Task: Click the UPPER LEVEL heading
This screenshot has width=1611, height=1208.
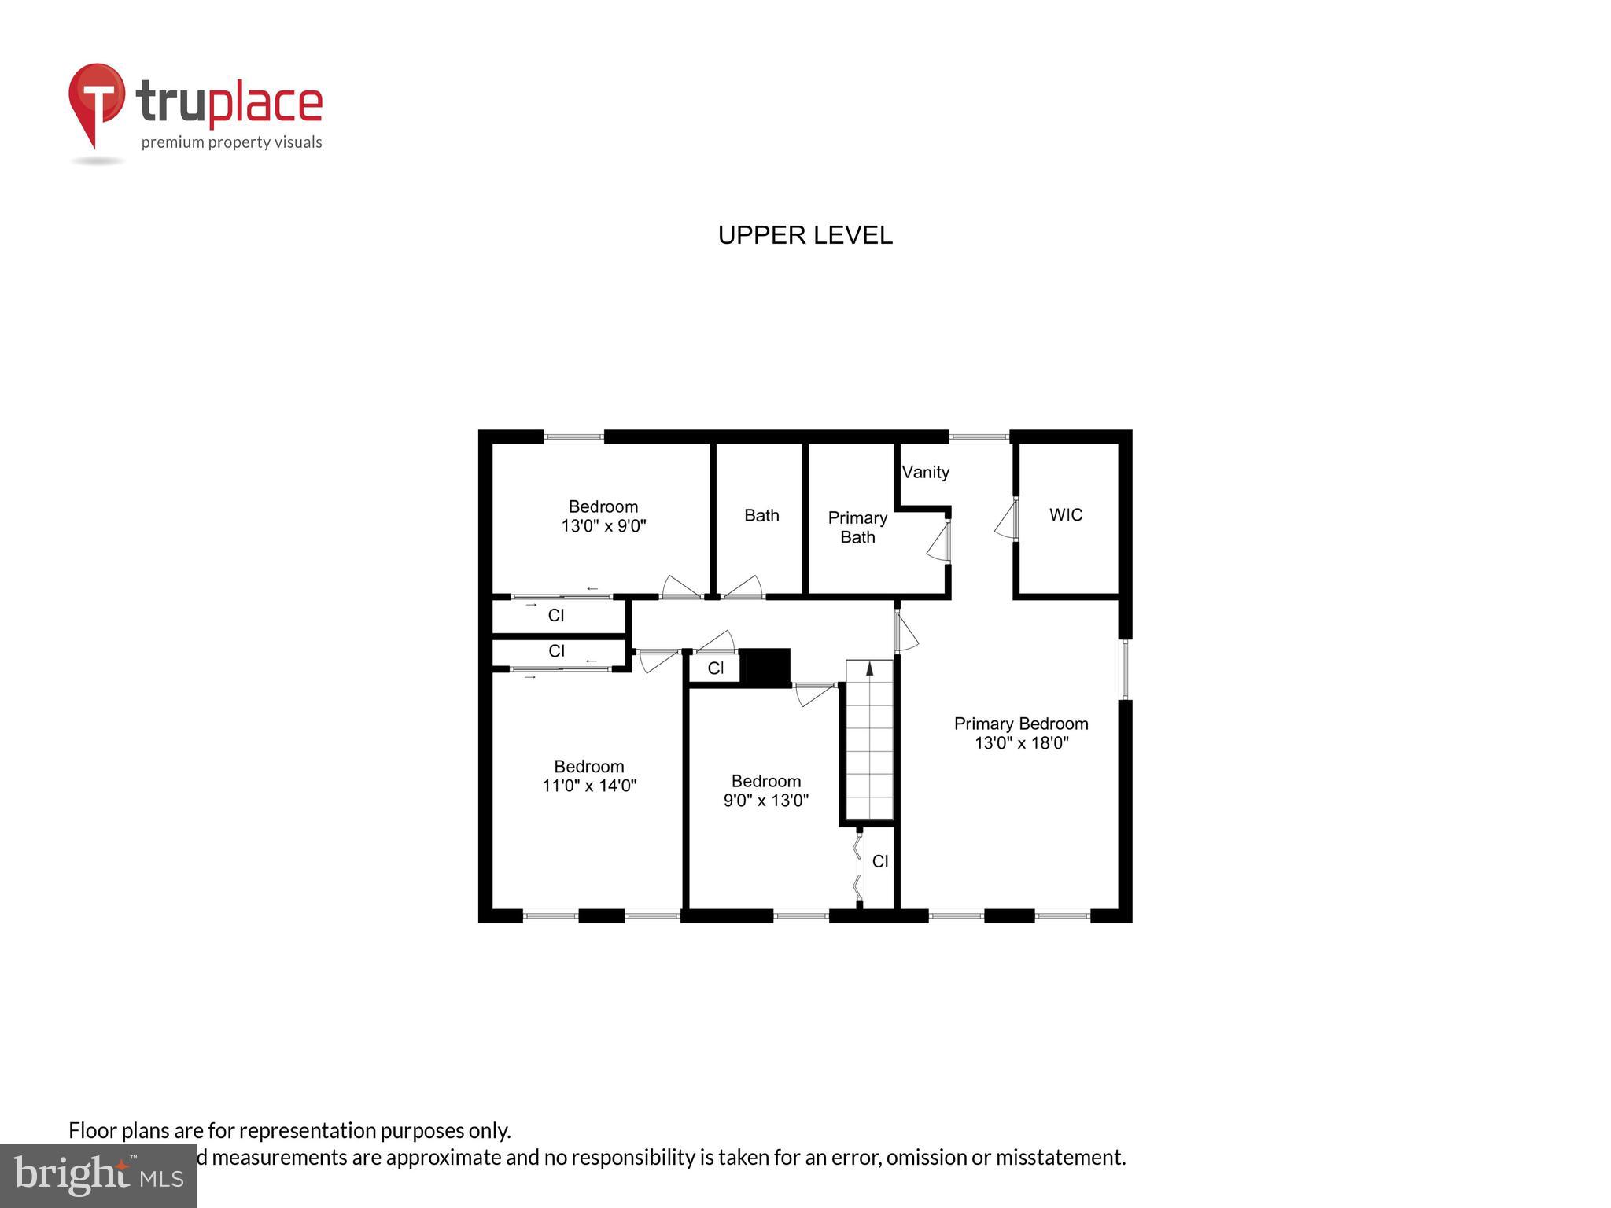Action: click(805, 235)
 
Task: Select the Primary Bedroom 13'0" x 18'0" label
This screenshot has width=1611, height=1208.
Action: click(1021, 733)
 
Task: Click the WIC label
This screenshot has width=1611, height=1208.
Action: click(1066, 514)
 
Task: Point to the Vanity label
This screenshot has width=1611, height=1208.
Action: click(925, 472)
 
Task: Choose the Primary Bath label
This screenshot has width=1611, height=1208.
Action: click(857, 527)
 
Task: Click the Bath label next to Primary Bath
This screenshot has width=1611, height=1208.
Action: click(761, 515)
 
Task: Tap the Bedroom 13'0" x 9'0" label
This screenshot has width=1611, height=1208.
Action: click(603, 516)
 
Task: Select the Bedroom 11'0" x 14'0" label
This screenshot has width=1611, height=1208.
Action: click(589, 775)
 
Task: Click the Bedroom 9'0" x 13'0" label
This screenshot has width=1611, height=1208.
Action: click(766, 790)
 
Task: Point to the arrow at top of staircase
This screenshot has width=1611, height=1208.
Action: click(870, 668)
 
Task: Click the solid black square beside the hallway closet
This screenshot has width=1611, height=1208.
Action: click(765, 668)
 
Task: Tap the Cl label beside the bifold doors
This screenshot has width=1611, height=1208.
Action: click(880, 861)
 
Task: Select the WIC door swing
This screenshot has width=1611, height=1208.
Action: click(1006, 520)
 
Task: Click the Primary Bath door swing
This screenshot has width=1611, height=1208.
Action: click(938, 542)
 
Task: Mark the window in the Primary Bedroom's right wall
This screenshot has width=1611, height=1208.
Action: click(1125, 669)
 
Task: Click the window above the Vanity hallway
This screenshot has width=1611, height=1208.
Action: click(979, 436)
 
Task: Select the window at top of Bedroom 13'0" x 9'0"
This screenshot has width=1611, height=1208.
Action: click(573, 436)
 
